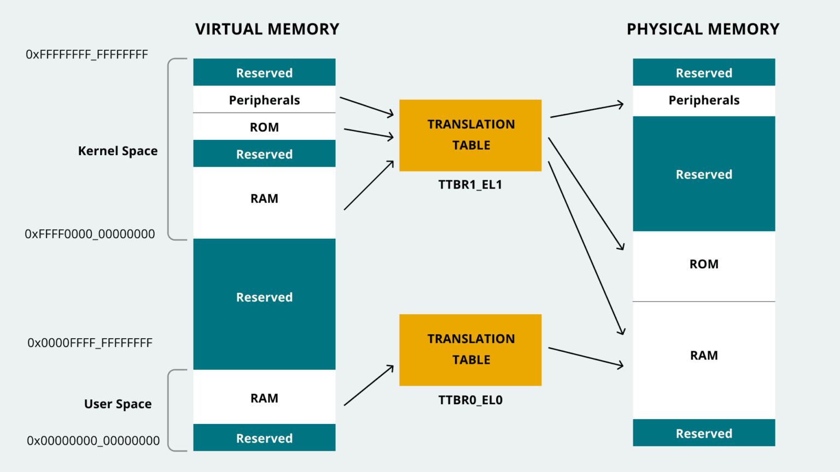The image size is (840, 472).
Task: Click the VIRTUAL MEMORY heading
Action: click(x=267, y=29)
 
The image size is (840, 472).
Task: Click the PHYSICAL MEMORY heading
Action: click(x=703, y=29)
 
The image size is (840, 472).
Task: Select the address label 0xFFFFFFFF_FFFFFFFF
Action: click(x=87, y=55)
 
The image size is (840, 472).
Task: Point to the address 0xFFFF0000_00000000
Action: click(x=90, y=234)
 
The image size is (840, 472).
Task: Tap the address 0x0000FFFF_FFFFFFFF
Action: click(x=90, y=343)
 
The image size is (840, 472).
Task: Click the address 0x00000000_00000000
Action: click(x=93, y=440)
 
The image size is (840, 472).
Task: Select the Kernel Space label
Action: click(x=118, y=151)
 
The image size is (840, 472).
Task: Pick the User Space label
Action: click(x=118, y=404)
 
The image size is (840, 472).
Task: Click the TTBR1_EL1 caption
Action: click(x=470, y=185)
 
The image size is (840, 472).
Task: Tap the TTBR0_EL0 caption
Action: click(x=470, y=400)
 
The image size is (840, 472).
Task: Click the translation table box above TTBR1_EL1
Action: click(x=470, y=135)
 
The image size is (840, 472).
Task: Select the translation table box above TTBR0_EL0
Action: click(x=470, y=350)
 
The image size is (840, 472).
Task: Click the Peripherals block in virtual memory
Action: click(x=264, y=100)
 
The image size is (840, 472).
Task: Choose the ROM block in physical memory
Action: click(x=704, y=264)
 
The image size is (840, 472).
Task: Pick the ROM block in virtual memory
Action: click(x=264, y=127)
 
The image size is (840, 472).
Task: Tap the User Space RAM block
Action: click(x=264, y=398)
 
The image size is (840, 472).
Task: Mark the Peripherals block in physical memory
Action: click(x=704, y=101)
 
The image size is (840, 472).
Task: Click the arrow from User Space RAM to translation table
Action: click(x=369, y=386)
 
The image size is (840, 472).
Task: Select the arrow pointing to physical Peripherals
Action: click(x=587, y=110)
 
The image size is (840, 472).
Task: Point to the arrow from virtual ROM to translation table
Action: click(x=369, y=133)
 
